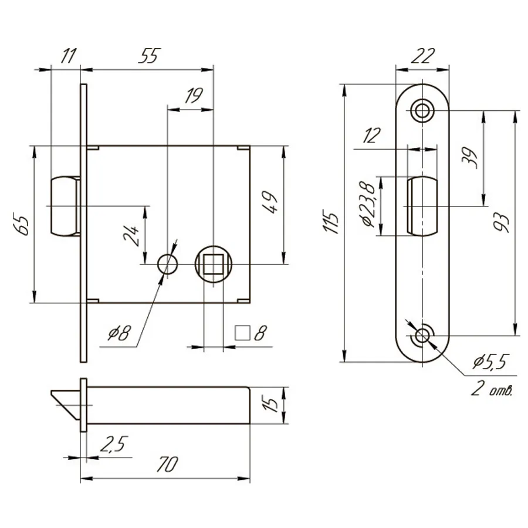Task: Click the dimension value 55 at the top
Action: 150,56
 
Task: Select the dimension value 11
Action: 69,56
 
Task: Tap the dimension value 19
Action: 194,96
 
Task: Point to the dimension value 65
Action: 21,224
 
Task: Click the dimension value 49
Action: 269,202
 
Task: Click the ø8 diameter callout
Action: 119,333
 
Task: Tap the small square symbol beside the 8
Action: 242,333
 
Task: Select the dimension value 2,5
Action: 114,444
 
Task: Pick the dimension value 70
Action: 167,465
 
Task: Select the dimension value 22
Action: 422,56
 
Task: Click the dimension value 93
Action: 502,222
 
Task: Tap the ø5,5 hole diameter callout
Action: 490,361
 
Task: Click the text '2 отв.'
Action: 492,389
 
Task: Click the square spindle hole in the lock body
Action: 214,264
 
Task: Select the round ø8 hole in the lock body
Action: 168,264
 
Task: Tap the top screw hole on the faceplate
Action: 422,110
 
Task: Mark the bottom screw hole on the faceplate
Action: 422,336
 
